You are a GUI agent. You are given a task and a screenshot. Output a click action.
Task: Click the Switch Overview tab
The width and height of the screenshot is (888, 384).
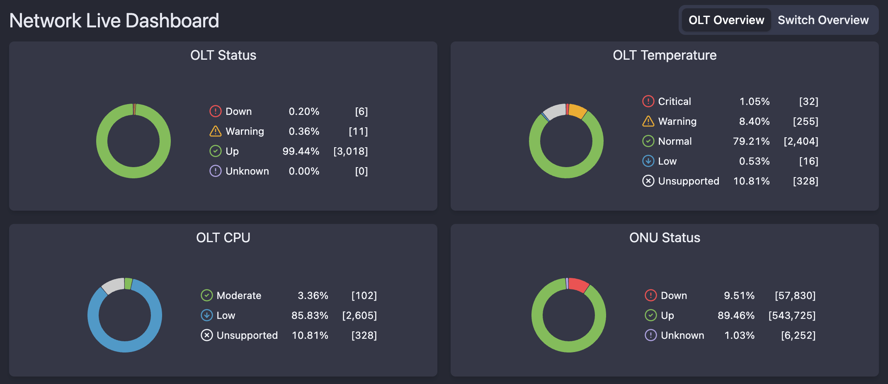[823, 20]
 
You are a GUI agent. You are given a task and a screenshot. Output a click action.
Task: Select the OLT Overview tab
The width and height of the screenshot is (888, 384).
[726, 20]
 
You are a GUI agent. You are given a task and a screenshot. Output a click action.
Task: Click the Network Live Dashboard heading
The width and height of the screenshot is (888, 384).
[114, 21]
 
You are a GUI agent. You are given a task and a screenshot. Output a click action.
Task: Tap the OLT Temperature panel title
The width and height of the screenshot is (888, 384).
[664, 55]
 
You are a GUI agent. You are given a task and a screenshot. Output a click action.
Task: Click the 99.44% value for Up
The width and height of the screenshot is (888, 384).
[301, 151]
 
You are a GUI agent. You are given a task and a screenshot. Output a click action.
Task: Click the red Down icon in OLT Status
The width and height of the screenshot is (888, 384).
[215, 111]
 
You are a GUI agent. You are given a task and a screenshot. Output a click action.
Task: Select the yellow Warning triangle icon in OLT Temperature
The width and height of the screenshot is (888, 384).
[648, 121]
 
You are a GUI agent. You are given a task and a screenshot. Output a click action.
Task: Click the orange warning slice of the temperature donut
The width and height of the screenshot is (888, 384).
[577, 111]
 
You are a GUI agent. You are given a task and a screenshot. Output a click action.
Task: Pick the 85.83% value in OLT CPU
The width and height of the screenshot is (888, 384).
[309, 316]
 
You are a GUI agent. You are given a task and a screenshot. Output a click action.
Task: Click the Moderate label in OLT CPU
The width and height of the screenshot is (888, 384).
[239, 296]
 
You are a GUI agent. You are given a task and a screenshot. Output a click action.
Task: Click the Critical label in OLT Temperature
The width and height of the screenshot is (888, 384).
[674, 102]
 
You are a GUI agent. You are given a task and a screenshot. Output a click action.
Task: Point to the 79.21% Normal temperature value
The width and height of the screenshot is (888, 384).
[751, 141]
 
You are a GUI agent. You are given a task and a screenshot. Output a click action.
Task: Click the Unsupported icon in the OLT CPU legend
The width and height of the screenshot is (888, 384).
[206, 335]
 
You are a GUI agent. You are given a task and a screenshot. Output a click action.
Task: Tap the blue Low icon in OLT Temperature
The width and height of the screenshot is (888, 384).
[648, 161]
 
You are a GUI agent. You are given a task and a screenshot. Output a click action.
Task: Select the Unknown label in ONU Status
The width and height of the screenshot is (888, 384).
[682, 335]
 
